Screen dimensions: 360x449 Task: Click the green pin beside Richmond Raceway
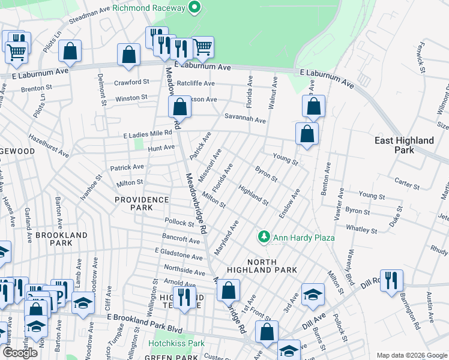(194, 8)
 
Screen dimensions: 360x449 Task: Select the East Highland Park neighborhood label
(404, 145)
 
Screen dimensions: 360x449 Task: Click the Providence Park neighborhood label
(142, 203)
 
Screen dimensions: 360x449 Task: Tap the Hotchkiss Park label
(176, 344)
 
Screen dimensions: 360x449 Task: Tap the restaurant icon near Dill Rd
(391, 280)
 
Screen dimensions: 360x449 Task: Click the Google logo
(20, 352)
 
